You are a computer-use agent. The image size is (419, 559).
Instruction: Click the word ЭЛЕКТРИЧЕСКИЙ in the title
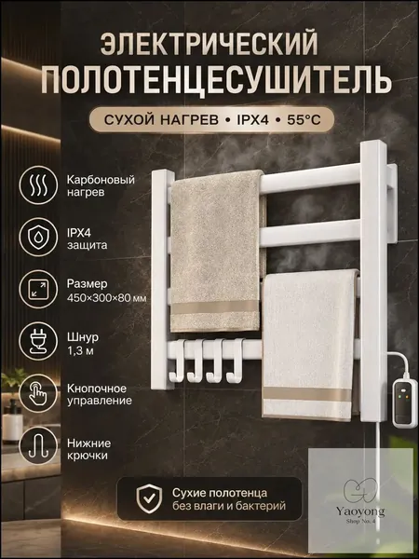tap(209, 44)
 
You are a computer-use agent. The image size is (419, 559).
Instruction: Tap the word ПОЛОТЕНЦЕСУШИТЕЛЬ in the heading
tap(217, 81)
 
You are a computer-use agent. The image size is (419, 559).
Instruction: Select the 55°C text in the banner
tap(304, 120)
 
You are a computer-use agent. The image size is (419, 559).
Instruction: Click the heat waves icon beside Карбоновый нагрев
tap(38, 185)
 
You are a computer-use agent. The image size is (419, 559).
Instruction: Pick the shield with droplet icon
tap(38, 237)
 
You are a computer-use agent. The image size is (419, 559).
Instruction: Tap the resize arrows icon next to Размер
tap(38, 289)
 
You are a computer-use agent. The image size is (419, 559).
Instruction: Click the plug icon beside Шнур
tap(38, 341)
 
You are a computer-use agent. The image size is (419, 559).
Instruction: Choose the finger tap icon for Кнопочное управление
tap(38, 393)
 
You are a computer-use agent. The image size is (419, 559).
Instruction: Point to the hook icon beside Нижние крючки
tap(38, 445)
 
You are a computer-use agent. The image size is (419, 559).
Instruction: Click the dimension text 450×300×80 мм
tap(106, 298)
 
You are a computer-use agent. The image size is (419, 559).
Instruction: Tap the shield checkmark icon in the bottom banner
tap(149, 498)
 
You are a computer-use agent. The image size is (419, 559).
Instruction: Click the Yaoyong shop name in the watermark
tap(360, 511)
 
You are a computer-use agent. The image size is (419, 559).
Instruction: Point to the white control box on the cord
tap(404, 403)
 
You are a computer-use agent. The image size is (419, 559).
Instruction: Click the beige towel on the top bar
tap(217, 251)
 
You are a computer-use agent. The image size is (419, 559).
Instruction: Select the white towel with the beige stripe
tap(310, 344)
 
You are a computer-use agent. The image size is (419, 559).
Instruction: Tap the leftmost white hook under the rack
tap(178, 361)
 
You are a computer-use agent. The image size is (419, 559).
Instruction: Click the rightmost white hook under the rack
tap(235, 361)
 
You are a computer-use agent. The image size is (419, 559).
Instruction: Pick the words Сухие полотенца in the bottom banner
tap(220, 493)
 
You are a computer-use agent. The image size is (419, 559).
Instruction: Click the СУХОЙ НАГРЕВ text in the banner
tap(161, 120)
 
